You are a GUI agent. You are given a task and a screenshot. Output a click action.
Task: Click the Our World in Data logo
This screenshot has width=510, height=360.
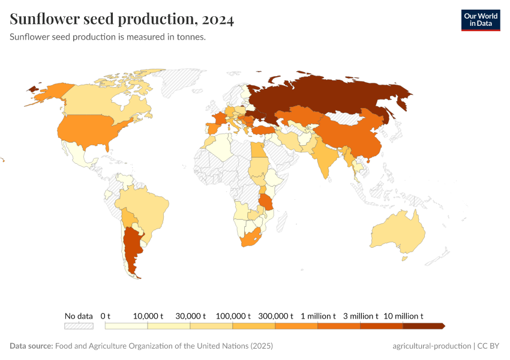click(480, 19)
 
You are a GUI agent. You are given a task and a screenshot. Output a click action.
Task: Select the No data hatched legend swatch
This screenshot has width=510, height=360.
click(79, 326)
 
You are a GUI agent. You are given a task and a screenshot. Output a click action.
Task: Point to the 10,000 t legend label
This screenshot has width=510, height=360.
click(148, 316)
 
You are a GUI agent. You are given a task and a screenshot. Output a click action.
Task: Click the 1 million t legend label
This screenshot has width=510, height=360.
click(317, 316)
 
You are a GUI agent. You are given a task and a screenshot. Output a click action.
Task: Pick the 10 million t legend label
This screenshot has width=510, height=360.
click(403, 316)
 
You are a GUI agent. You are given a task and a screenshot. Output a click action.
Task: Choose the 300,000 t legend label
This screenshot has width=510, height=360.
click(275, 316)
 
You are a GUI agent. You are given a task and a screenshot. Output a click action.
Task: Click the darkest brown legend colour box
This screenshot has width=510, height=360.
click(423, 326)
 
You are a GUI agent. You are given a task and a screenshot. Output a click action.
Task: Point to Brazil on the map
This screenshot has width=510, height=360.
click(147, 207)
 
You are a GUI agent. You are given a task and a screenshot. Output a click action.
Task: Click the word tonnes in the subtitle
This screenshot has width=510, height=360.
click(191, 37)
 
